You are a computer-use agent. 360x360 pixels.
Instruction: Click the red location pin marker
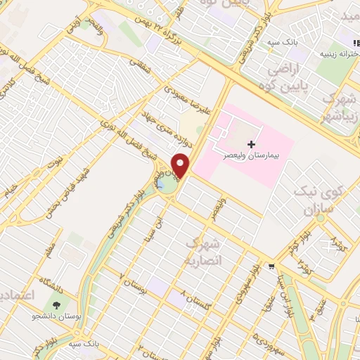point(181,166)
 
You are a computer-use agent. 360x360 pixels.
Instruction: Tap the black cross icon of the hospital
point(252,143)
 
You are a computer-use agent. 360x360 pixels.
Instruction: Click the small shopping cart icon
point(271,266)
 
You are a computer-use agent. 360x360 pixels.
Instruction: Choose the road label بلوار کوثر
point(299,243)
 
